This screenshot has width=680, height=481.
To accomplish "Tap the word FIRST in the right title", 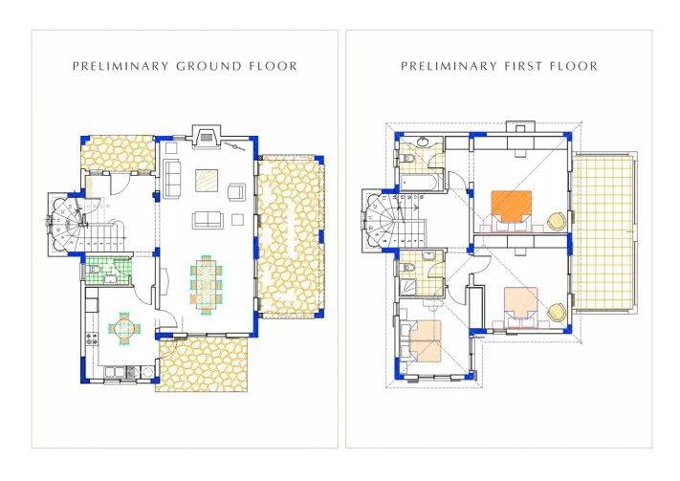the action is pos(523,66).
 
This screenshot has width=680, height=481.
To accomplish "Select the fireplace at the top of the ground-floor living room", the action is pos(207,137).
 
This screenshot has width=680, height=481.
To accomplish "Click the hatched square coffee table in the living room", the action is pos(207,181).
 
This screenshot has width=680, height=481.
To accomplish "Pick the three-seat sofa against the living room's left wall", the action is pos(172,179).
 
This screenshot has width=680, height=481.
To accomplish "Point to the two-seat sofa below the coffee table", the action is pos(208,220).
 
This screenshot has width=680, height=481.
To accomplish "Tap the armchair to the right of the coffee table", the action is pos(237,191).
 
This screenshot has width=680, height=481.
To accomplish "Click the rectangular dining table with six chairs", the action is pos(206,284).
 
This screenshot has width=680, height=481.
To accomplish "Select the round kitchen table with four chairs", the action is pos(124,329).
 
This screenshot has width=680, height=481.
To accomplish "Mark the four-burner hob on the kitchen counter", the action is pos(92,339).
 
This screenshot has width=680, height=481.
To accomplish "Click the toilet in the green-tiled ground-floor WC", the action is pos(93,271).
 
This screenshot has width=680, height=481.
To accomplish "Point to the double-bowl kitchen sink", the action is pos(115,372).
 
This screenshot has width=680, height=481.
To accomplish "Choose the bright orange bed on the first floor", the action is pos(512,206).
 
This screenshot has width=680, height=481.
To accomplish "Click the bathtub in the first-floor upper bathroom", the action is pos(419,182).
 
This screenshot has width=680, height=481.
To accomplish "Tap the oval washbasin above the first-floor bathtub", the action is pos(423,142).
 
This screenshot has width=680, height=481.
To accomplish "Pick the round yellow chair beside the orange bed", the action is pos(557,221).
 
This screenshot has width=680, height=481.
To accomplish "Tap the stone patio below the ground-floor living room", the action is pos(202,364).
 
